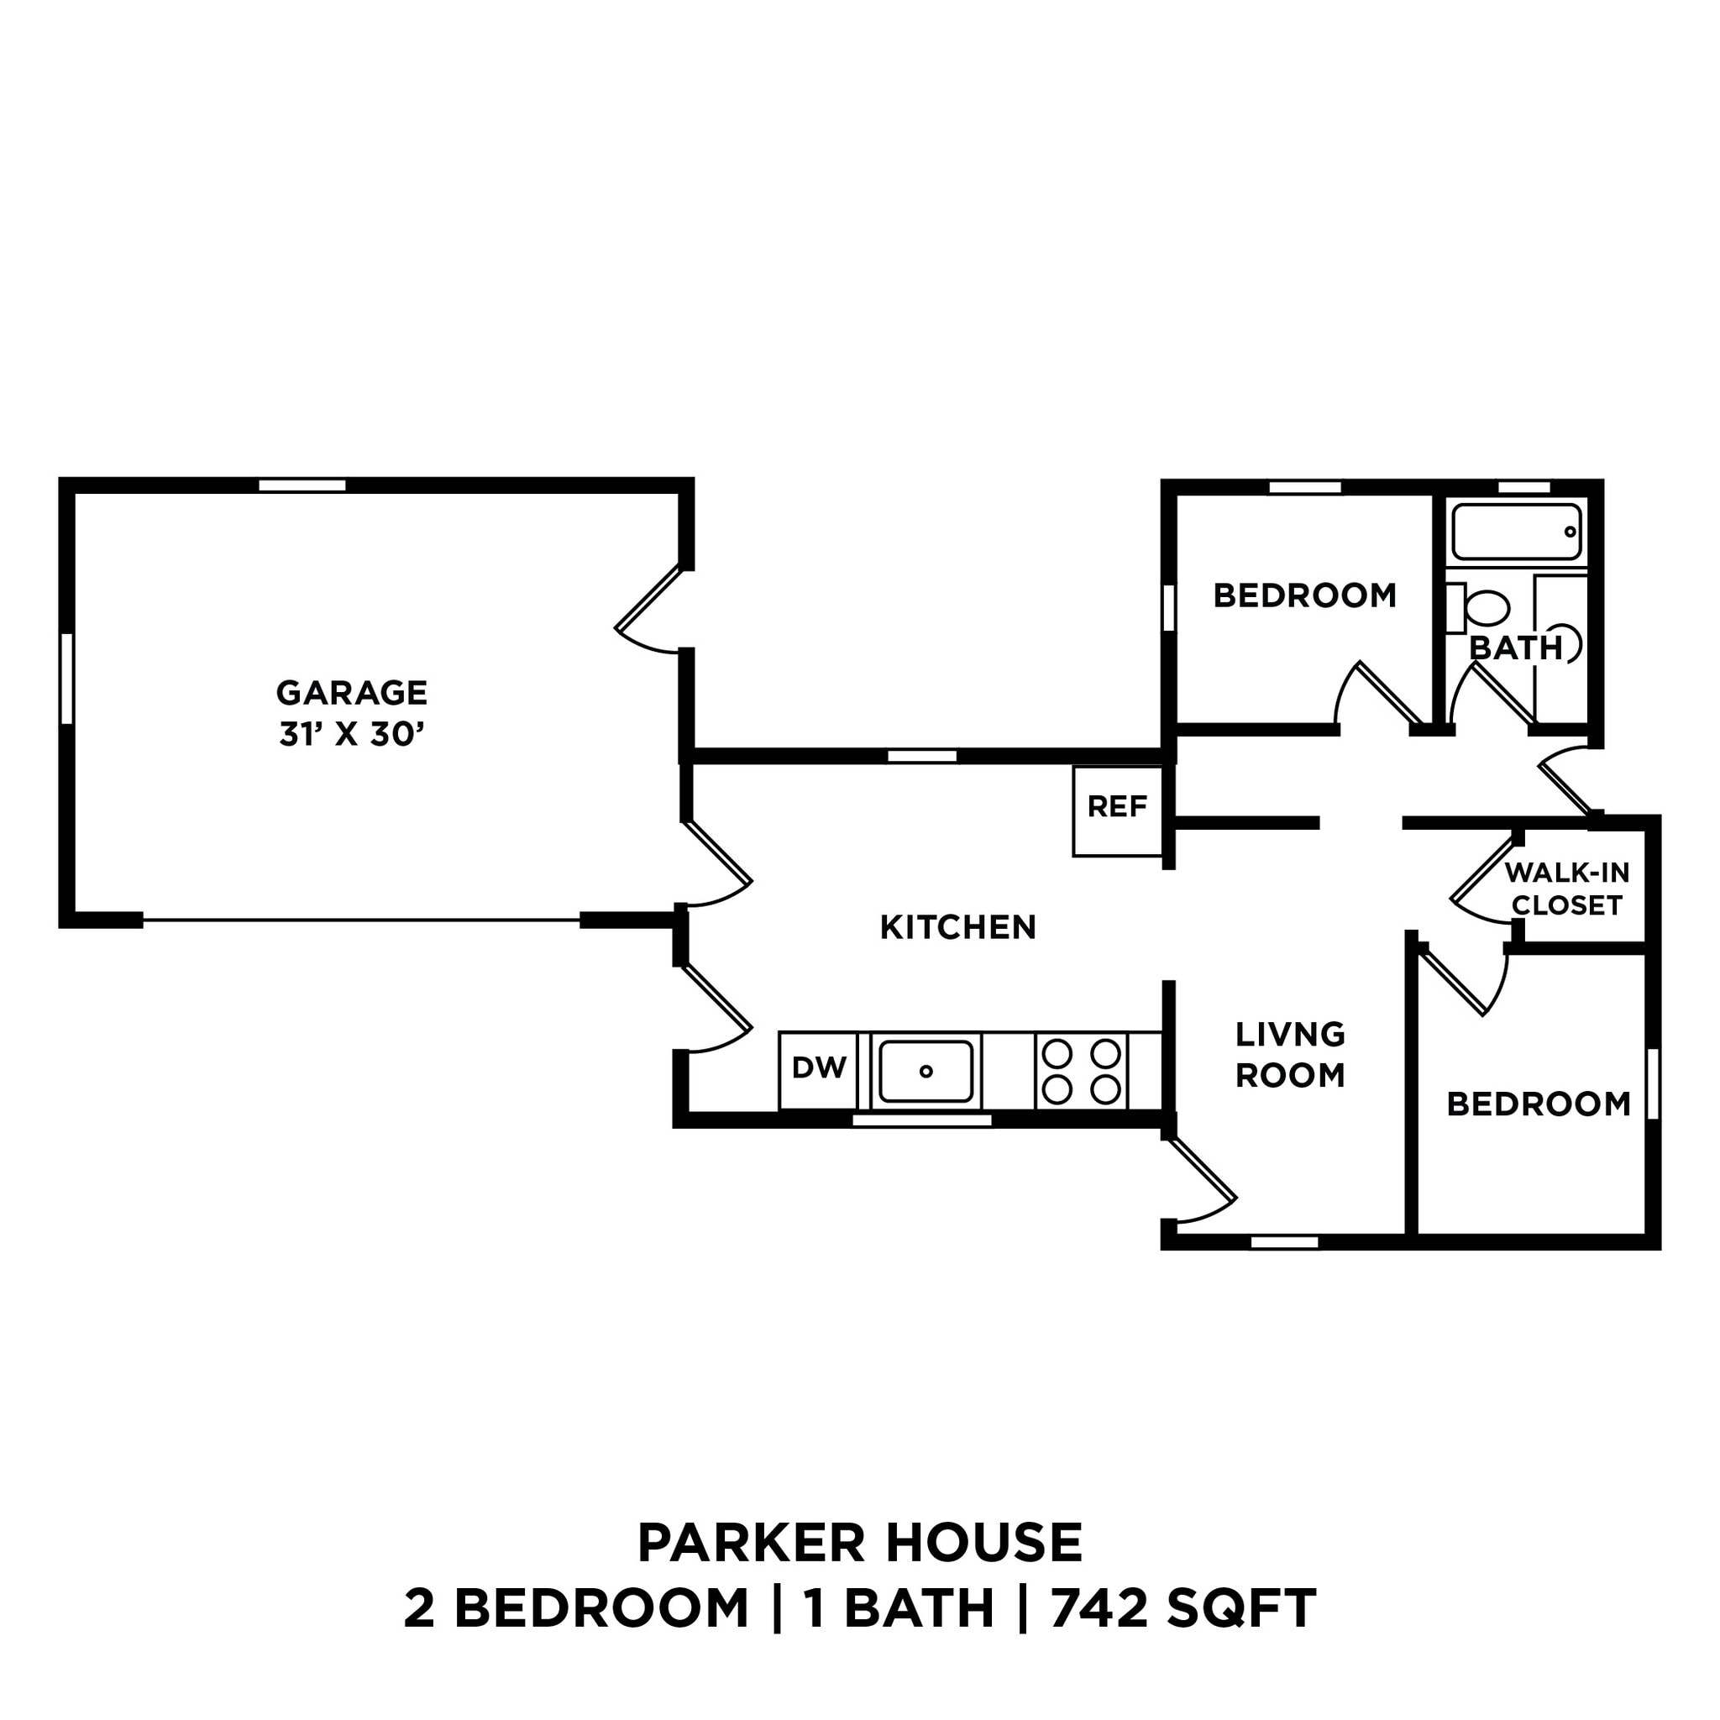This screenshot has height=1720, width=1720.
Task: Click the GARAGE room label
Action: pyautogui.click(x=352, y=693)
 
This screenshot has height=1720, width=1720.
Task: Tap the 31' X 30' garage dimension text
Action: pyautogui.click(x=352, y=736)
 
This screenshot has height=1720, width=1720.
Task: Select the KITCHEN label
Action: pyautogui.click(x=958, y=928)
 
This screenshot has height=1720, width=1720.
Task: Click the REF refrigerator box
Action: pyautogui.click(x=1117, y=810)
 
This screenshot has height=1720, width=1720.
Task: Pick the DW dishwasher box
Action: pyautogui.click(x=818, y=1069)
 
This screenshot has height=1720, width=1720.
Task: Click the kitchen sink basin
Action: pyautogui.click(x=926, y=1071)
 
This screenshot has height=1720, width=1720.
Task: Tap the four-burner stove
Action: pyautogui.click(x=1081, y=1071)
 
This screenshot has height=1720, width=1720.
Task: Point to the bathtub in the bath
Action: pyautogui.click(x=1516, y=532)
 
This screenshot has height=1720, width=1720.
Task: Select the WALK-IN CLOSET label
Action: pyautogui.click(x=1567, y=889)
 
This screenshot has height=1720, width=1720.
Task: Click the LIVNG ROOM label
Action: pyautogui.click(x=1290, y=1055)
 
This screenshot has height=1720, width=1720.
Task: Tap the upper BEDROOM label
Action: pyautogui.click(x=1304, y=595)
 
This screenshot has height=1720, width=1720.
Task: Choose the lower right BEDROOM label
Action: pyautogui.click(x=1539, y=1105)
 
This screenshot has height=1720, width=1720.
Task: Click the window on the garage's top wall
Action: pyautogui.click(x=302, y=485)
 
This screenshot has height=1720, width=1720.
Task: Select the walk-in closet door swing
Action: pyautogui.click(x=1482, y=881)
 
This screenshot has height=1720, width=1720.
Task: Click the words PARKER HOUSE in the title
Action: pyautogui.click(x=860, y=1544)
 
